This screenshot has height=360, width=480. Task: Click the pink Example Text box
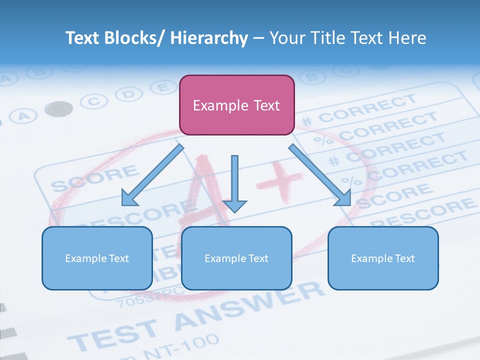point(236,105)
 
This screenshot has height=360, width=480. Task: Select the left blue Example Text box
point(97,258)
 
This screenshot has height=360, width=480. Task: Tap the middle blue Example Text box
point(236,258)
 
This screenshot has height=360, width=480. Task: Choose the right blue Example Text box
point(383,258)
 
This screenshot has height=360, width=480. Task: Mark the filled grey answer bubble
point(58,108)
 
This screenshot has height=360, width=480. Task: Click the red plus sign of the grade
point(280,177)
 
